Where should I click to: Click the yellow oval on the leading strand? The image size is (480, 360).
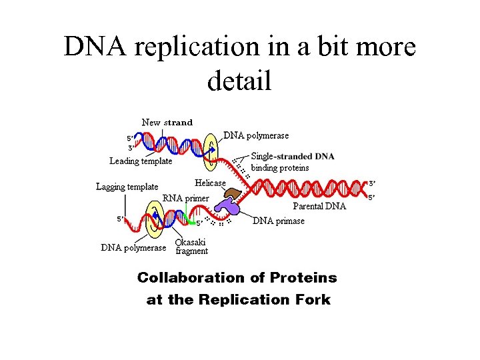(211, 148)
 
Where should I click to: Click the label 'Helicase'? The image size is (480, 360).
(210, 183)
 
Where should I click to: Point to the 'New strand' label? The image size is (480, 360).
(167, 123)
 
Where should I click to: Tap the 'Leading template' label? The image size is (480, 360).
(141, 161)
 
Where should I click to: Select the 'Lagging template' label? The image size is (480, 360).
(127, 187)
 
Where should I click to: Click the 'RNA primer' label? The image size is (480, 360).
(186, 198)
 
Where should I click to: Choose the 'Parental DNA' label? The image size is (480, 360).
(319, 206)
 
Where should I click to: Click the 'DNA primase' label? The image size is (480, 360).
(279, 221)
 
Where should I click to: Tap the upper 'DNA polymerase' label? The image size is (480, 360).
(256, 135)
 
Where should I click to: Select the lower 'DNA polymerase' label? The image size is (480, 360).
(133, 248)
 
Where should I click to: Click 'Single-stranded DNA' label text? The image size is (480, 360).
(293, 157)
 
